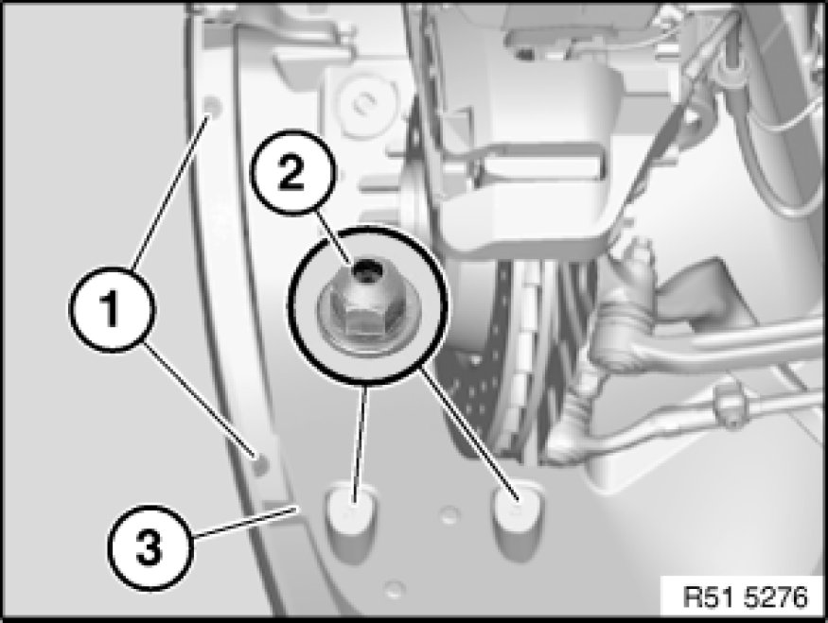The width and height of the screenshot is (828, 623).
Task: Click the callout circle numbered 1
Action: pyautogui.click(x=112, y=309)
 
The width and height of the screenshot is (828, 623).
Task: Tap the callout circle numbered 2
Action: pyautogui.click(x=291, y=172)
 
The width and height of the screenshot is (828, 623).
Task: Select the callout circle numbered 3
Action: pyautogui.click(x=150, y=547)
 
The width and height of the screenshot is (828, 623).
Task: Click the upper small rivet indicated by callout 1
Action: pyautogui.click(x=212, y=106)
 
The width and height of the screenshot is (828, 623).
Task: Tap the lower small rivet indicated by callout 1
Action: pyautogui.click(x=260, y=463)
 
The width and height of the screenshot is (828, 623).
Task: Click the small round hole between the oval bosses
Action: pyautogui.click(x=449, y=514)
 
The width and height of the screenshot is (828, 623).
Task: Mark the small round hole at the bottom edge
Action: pyautogui.click(x=394, y=588)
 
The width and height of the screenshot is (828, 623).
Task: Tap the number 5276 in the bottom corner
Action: pyautogui.click(x=776, y=597)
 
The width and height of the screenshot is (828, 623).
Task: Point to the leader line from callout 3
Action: pyautogui.click(x=244, y=521)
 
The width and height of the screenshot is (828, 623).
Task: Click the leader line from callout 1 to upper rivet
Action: pyautogui.click(x=170, y=193)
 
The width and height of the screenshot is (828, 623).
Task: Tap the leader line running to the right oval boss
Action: pyautogui.click(x=467, y=434)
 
